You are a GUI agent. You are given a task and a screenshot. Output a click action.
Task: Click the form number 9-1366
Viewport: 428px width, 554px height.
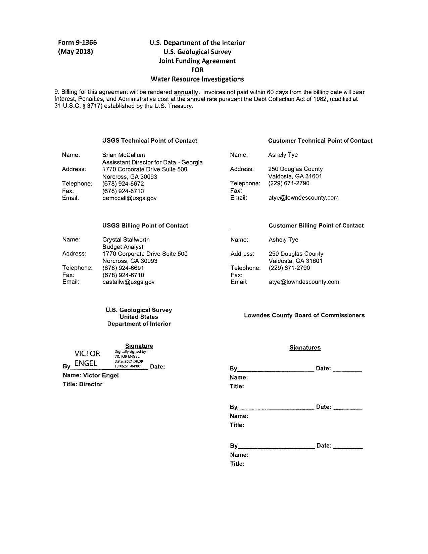click(77, 43)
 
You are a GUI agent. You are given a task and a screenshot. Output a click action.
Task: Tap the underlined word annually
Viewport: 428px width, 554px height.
click(186, 92)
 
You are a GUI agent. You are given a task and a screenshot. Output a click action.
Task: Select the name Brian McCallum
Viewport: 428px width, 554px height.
click(124, 155)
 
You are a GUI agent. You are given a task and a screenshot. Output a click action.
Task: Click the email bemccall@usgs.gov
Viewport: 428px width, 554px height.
click(129, 198)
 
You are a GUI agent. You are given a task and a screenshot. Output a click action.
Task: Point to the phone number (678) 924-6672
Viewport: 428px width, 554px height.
click(123, 184)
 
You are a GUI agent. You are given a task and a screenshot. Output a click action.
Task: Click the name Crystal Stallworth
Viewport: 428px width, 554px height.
click(126, 240)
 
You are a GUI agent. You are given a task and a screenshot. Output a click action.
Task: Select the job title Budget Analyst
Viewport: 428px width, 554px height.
click(123, 247)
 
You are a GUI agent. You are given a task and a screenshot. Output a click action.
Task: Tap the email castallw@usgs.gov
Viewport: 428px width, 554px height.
click(129, 282)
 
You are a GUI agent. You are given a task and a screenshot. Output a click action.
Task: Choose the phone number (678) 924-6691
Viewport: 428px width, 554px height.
click(123, 268)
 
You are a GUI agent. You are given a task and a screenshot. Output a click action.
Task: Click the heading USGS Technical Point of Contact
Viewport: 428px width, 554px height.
click(150, 141)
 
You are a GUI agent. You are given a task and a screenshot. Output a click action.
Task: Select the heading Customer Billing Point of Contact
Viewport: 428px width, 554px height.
click(316, 226)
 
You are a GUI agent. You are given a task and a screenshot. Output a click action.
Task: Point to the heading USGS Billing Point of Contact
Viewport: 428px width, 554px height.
click(145, 226)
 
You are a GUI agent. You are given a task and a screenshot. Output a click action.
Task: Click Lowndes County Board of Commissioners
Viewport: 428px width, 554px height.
click(304, 315)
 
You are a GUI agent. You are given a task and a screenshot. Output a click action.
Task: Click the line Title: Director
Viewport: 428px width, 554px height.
click(83, 385)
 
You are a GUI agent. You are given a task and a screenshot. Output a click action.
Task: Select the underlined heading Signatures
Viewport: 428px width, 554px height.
click(305, 348)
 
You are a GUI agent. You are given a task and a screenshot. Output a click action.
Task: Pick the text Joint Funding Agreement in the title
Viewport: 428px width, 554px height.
click(197, 61)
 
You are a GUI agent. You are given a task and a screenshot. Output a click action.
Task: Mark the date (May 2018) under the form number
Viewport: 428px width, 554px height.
click(76, 52)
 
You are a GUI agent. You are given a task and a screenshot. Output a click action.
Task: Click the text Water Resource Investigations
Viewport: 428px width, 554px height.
click(197, 79)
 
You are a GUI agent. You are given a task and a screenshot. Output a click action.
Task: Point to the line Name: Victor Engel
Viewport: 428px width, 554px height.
click(91, 375)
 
